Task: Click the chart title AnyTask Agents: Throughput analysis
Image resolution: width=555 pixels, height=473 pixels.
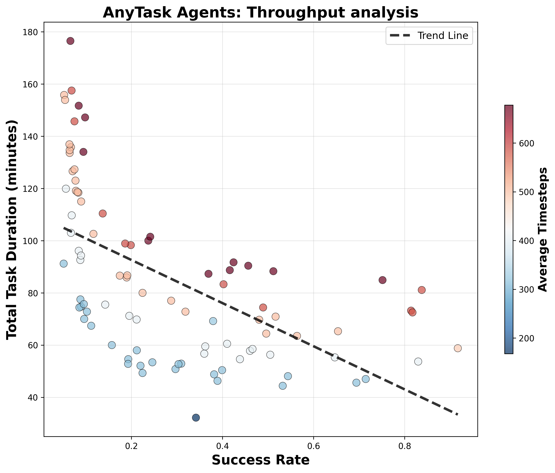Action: (x=260, y=13)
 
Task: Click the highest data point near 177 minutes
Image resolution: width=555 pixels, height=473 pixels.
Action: (x=70, y=41)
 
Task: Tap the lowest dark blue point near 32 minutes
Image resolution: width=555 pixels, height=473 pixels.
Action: (x=196, y=418)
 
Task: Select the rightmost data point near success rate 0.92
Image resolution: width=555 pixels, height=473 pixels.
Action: (x=458, y=348)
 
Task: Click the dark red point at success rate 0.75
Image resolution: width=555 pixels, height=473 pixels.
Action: (x=383, y=280)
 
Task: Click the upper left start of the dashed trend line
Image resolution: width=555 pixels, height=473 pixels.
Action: (x=64, y=228)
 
